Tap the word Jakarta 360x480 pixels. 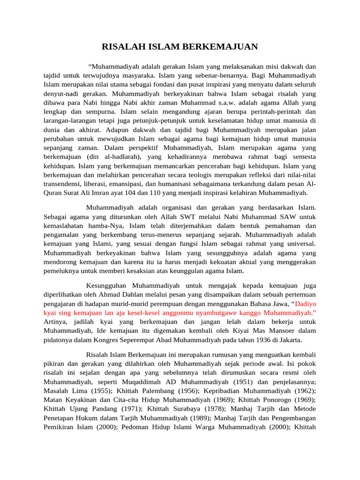pos(288,339)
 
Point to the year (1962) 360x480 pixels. pos(304,390)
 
